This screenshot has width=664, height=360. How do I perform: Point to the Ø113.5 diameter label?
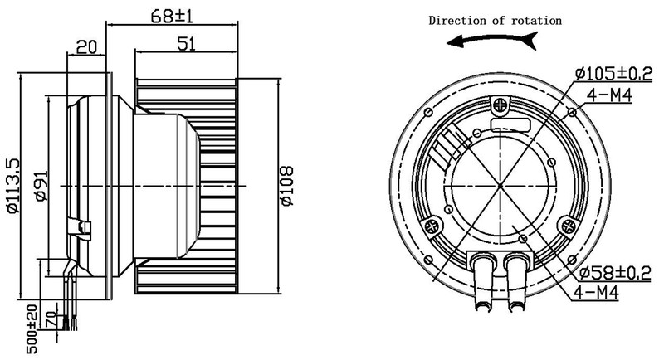tap(11, 183)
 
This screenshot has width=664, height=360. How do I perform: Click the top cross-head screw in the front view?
tap(500, 105)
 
